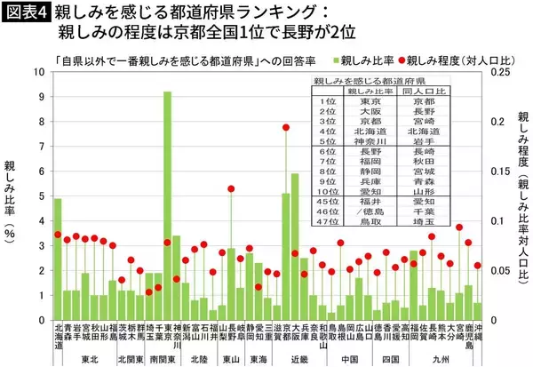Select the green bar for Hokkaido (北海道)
point(58,259)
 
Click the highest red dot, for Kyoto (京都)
point(285,127)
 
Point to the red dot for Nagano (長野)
point(231,188)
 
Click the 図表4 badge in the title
point(26,13)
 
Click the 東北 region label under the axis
point(89,359)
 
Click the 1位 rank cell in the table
point(324,102)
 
